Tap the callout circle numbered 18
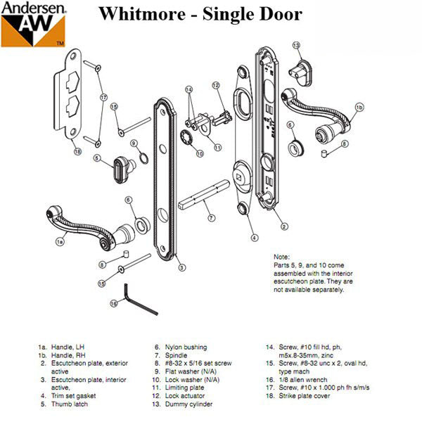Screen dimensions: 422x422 tap(77, 151)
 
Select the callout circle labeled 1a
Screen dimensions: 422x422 tap(60, 241)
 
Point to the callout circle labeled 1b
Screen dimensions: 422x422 tap(359, 107)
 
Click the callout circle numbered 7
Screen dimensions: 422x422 tap(211, 218)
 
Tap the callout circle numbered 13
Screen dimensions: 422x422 tap(296, 46)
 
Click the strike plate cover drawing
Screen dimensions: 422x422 tap(70, 98)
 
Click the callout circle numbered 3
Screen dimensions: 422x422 tap(181, 267)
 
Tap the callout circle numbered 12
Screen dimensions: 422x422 tap(217, 86)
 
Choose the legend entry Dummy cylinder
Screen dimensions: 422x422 tap(184, 404)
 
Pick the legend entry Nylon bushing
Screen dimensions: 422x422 tap(175, 347)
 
